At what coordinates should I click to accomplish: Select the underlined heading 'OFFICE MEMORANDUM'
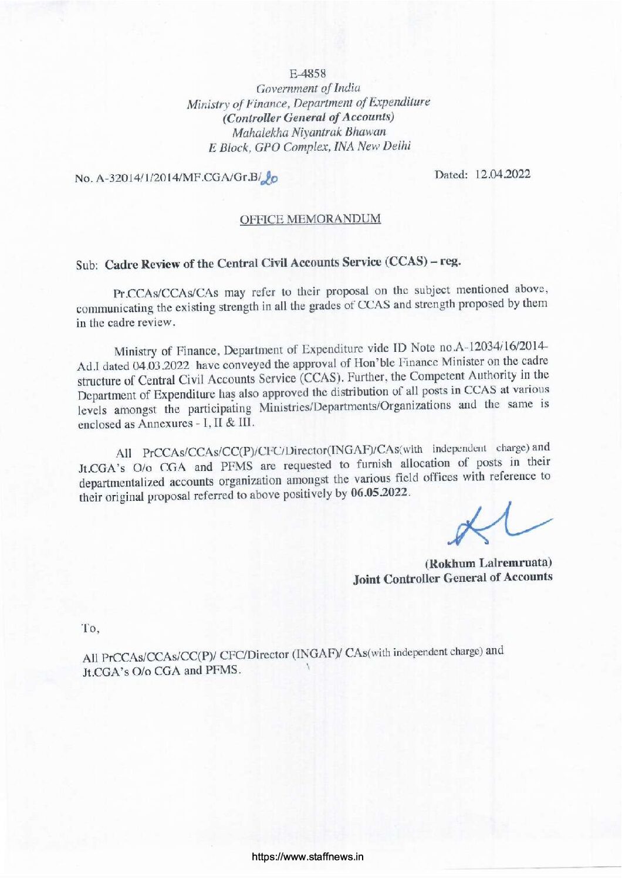pyautogui.click(x=310, y=219)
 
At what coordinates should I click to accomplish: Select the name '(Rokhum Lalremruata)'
pyautogui.click(x=488, y=563)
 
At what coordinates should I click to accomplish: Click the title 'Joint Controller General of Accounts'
pyautogui.click(x=452, y=578)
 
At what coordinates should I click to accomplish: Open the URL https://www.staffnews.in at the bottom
pyautogui.click(x=308, y=856)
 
